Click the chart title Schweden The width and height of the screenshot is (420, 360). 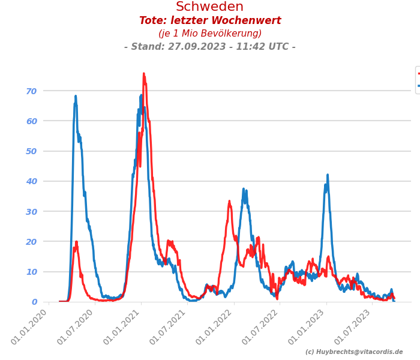209,7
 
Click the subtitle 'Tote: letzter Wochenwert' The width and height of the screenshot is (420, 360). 210,21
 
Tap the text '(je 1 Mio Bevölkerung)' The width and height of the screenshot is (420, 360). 210,34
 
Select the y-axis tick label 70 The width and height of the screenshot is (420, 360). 31,91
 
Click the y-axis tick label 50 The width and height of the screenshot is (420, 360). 31,151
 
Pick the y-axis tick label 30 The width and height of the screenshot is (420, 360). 31,211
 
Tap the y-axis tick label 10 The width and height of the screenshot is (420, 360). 31,272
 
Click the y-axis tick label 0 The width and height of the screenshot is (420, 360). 34,302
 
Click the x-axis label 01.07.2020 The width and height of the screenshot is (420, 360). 77,328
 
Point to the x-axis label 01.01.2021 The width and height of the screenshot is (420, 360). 124,328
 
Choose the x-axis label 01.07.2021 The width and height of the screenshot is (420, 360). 170,328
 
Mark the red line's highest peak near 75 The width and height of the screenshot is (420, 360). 144,74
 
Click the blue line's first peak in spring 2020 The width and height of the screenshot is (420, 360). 76,96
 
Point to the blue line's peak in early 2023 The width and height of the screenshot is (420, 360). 328,175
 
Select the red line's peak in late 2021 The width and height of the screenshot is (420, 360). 229,202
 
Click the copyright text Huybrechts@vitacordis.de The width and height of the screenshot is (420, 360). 354,352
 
